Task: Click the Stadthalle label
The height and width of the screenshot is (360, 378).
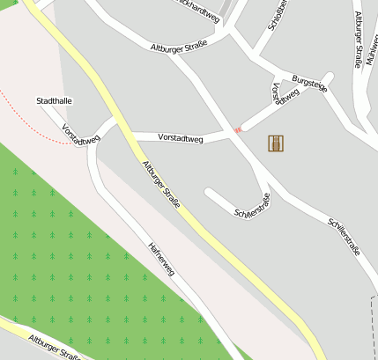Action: point(54,101)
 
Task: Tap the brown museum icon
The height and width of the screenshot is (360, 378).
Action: point(277,143)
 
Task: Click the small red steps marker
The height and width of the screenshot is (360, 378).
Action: point(237,130)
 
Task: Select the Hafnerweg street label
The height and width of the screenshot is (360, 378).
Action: point(162,259)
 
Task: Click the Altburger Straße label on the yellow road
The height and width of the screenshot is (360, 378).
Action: point(160,184)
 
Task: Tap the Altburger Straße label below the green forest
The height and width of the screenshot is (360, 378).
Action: point(54,348)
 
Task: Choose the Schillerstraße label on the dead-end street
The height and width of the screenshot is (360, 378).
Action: point(252,205)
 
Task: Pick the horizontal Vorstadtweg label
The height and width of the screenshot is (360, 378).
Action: point(181,138)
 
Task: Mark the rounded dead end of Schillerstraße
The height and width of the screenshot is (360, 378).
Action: point(210,192)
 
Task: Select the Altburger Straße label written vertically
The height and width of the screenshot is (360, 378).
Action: point(359,39)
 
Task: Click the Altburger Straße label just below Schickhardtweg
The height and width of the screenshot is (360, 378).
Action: point(179,48)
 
